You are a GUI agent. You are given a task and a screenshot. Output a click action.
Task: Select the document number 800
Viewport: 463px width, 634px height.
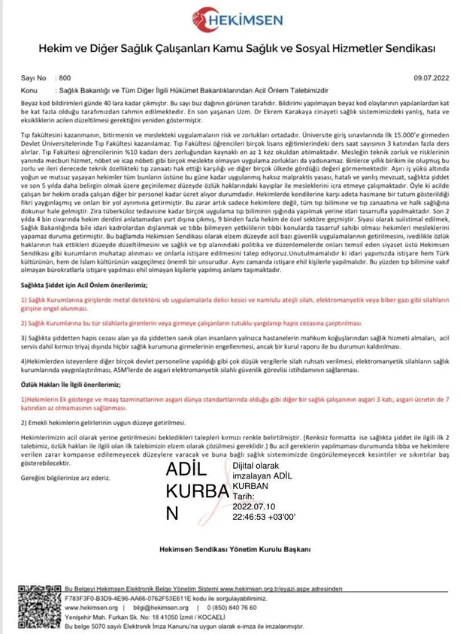pyautogui.click(x=65, y=77)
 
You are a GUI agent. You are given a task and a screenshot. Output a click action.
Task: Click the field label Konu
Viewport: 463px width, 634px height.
pyautogui.click(x=31, y=88)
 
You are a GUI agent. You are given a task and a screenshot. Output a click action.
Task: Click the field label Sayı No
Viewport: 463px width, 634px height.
pyautogui.click(x=36, y=77)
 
